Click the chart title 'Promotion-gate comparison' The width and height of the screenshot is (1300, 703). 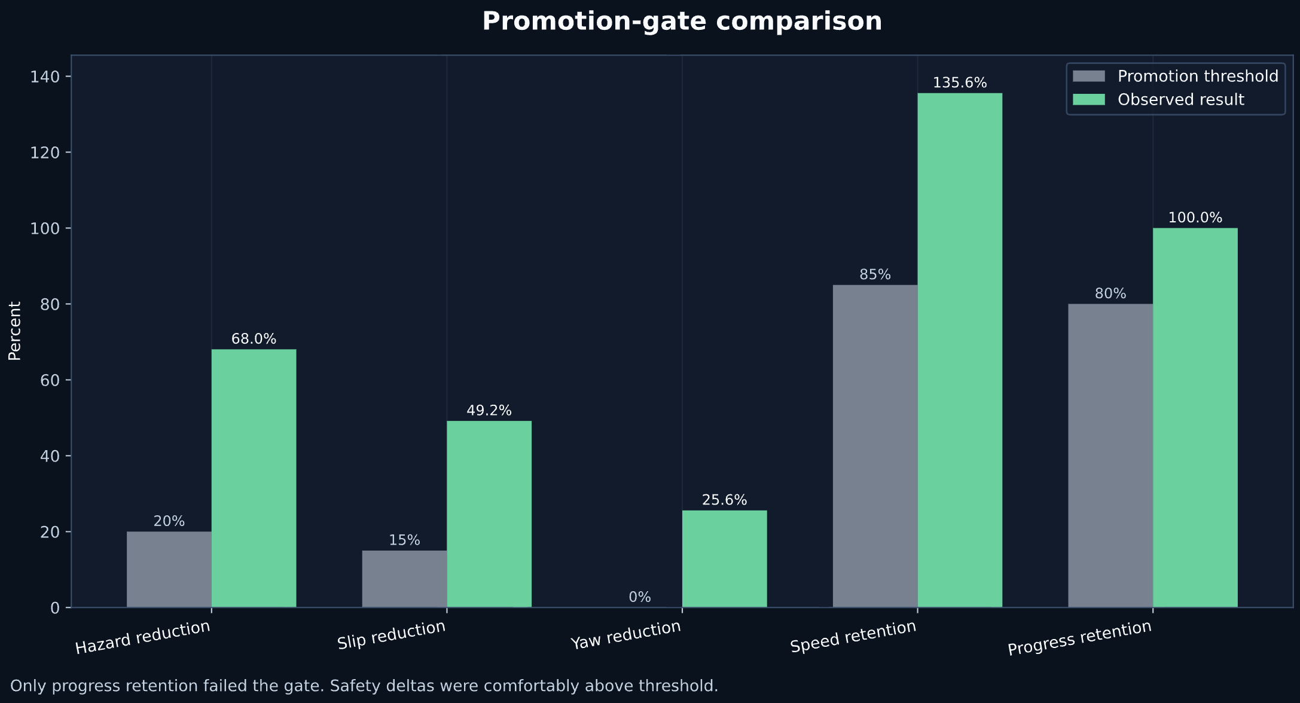tap(682, 22)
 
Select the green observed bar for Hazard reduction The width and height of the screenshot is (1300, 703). tap(254, 478)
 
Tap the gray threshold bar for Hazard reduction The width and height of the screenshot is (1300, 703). tap(169, 569)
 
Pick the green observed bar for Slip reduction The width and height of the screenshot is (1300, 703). tap(489, 514)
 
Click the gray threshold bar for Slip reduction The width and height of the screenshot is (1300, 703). tap(404, 579)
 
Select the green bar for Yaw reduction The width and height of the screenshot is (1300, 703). tap(724, 559)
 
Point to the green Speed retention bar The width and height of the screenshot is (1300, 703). tap(959, 350)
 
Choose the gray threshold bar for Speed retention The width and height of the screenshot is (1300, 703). tap(875, 446)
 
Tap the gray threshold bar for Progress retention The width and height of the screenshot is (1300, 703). tap(1110, 456)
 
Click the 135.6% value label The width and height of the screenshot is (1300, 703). tap(959, 83)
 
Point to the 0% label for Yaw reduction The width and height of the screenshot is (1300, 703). tap(639, 597)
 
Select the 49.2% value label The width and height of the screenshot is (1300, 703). tap(489, 411)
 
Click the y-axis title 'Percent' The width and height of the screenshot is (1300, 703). tap(14, 331)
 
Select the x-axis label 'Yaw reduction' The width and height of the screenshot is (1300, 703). tap(625, 635)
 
